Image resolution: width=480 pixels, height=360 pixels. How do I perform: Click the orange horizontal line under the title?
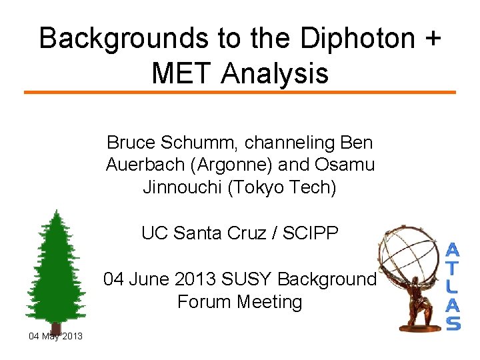click(x=240, y=92)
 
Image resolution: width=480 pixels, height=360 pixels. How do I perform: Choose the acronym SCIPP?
click(x=312, y=233)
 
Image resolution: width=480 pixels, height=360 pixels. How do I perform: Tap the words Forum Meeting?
click(x=239, y=301)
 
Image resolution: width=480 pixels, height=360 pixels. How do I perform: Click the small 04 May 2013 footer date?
click(x=55, y=336)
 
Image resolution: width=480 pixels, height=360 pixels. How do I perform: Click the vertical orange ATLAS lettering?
click(x=453, y=287)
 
